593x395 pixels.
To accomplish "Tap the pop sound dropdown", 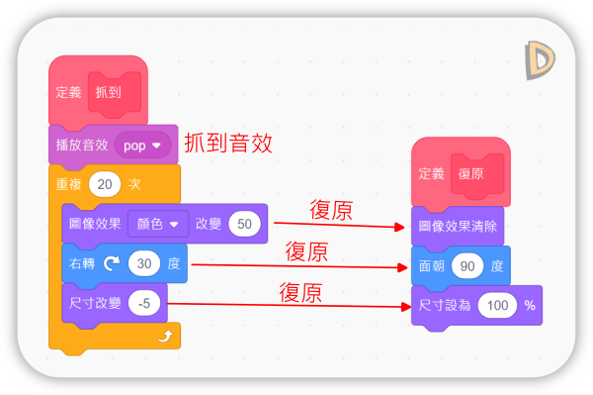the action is [x=142, y=146].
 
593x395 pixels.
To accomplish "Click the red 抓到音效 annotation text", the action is [x=228, y=144].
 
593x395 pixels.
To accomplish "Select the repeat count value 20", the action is [x=105, y=184].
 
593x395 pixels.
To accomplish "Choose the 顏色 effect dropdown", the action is [x=158, y=224].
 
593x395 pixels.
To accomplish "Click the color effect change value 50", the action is [x=244, y=224].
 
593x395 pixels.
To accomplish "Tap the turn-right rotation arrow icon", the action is [x=112, y=263].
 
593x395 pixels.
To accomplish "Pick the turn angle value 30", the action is [x=144, y=263].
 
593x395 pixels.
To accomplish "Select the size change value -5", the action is [x=144, y=303].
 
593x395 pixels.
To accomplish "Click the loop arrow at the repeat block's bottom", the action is [x=166, y=336].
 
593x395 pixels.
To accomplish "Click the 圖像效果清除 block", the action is [x=458, y=227].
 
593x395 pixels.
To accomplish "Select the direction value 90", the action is [x=467, y=266].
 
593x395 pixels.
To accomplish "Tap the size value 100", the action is [x=497, y=305].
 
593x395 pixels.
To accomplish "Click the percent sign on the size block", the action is [x=530, y=305].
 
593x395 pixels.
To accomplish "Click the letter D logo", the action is [x=540, y=60].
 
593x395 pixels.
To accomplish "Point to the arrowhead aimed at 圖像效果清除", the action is [x=399, y=228].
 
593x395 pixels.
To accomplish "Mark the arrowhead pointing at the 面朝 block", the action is [x=402, y=267].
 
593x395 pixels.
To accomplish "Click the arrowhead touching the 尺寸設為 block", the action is [x=406, y=306].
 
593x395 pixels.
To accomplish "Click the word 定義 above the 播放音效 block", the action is [x=68, y=92].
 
